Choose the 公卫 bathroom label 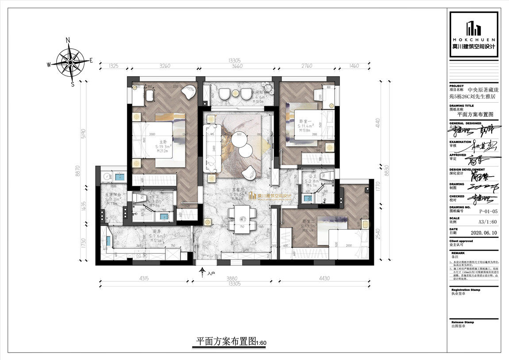click(x=312, y=177)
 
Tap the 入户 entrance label click(x=211, y=274)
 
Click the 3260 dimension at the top click(x=164, y=66)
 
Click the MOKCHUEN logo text click(x=474, y=39)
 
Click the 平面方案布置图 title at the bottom click(x=226, y=342)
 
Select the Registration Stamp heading click(x=465, y=290)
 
